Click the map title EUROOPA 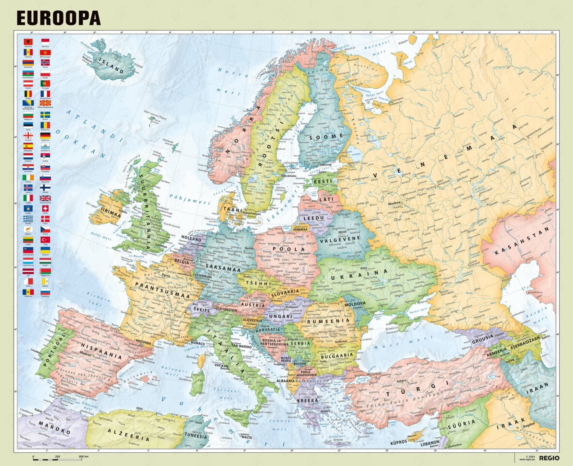58,18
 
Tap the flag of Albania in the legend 28,42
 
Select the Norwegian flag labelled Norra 45,63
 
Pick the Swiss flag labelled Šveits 45,208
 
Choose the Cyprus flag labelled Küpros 28,229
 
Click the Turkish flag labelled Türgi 45,240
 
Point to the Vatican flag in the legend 45,282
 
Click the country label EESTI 323,181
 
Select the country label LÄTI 326,199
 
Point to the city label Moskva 394,203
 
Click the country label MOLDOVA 355,304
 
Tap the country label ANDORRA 143,342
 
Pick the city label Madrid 85,354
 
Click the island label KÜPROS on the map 398,442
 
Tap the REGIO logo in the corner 549,458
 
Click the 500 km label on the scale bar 83,456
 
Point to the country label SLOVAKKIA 285,293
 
